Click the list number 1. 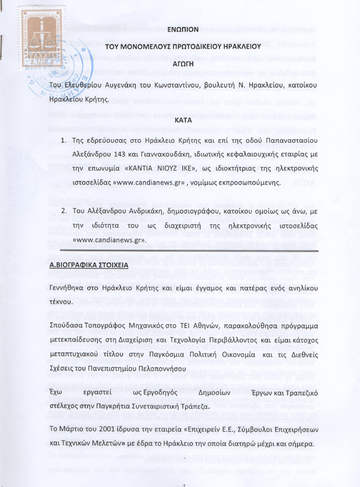pos(63,140)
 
